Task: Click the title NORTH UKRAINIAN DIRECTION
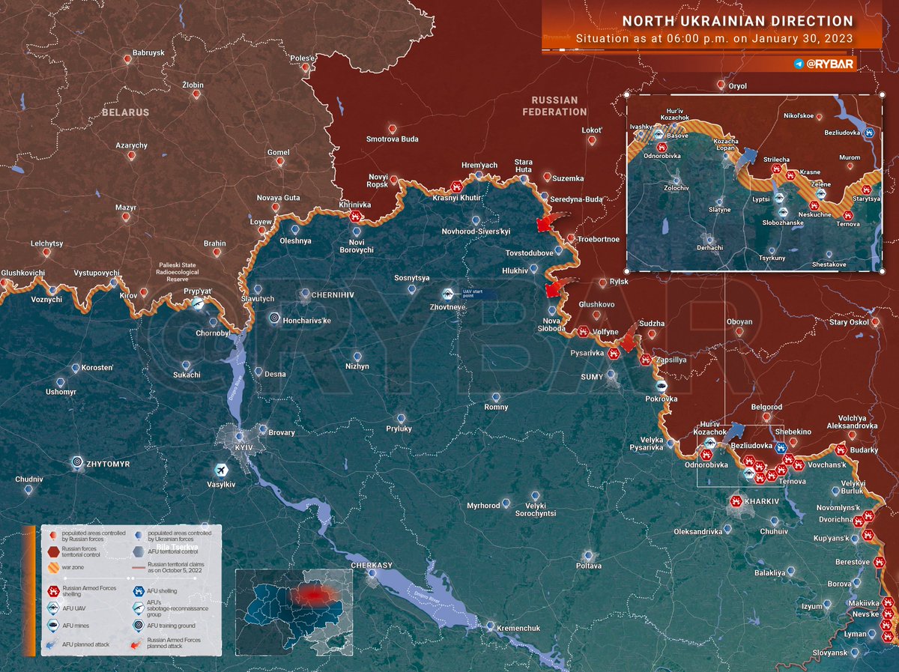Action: click(x=738, y=21)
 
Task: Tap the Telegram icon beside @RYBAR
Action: click(x=799, y=64)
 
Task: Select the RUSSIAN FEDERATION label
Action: click(x=554, y=106)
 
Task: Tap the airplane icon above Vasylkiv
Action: click(x=221, y=469)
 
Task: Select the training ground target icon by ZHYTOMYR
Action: click(x=77, y=463)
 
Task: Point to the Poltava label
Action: click(x=589, y=566)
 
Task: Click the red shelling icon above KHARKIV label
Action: click(x=736, y=501)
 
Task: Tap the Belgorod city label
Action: click(x=766, y=407)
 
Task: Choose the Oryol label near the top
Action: click(x=738, y=86)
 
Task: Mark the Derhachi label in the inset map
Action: click(x=709, y=247)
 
